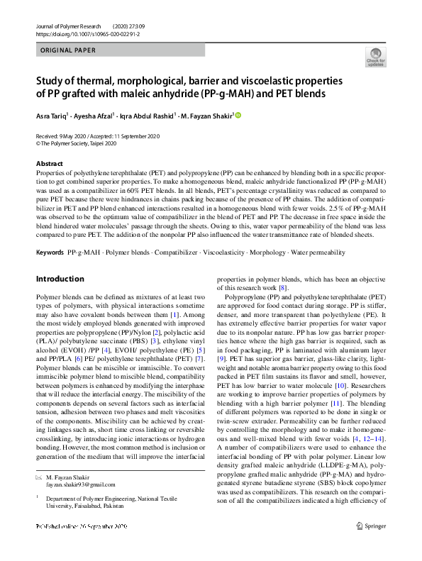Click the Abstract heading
(50, 164)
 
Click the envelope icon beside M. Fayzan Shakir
(39, 477)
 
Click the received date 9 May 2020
(70, 136)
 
